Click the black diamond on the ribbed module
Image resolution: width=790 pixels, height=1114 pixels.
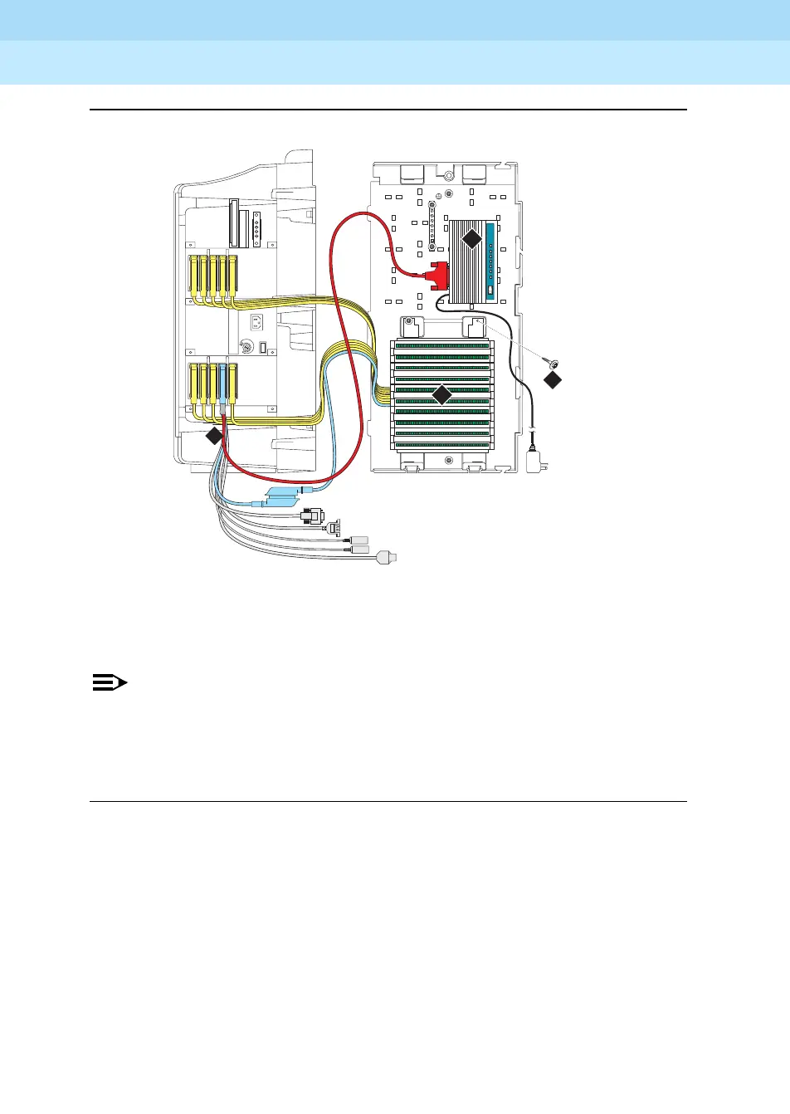coord(471,239)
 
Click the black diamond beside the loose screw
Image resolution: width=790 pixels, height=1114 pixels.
coord(553,380)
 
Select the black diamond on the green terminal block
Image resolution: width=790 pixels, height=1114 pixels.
coord(442,395)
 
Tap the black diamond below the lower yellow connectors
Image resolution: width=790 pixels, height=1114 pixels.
coord(214,436)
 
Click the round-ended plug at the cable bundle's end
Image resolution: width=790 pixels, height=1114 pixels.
coord(387,558)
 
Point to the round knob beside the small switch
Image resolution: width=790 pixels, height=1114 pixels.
coord(245,348)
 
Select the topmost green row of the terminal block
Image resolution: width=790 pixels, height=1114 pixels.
coord(442,346)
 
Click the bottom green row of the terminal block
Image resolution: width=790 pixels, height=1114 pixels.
coord(442,444)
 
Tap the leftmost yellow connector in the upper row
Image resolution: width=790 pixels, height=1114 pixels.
coord(194,276)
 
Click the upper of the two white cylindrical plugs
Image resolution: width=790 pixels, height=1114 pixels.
coord(359,540)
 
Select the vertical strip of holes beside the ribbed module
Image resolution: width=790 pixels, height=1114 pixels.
coord(432,225)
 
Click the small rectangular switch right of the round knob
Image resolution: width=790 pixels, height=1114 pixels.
coord(263,348)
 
